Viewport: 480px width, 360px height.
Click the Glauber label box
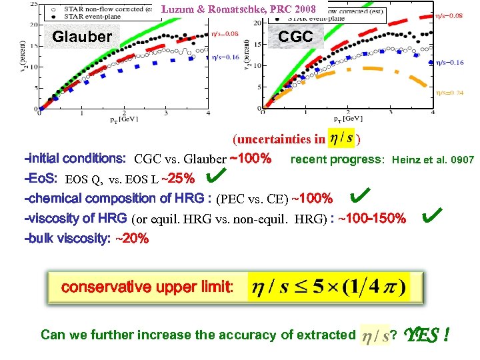82,36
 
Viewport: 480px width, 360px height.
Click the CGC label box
295,36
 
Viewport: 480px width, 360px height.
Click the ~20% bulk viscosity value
131,238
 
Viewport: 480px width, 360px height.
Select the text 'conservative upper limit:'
147,287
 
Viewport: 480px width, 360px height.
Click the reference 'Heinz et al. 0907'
433,160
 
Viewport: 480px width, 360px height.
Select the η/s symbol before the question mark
375,335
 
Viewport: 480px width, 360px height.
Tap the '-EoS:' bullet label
41,179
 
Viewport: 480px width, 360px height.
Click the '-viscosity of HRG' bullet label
75,218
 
